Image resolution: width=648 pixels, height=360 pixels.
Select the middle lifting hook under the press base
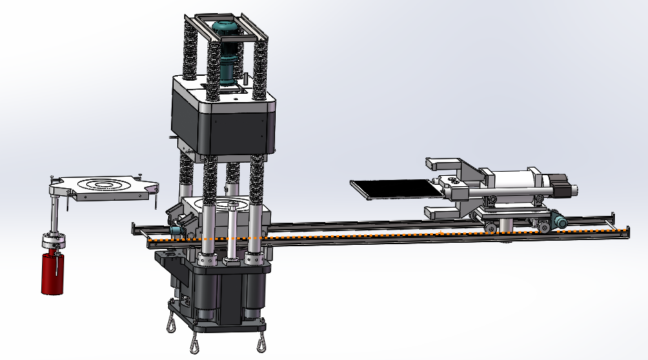point(196,343)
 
